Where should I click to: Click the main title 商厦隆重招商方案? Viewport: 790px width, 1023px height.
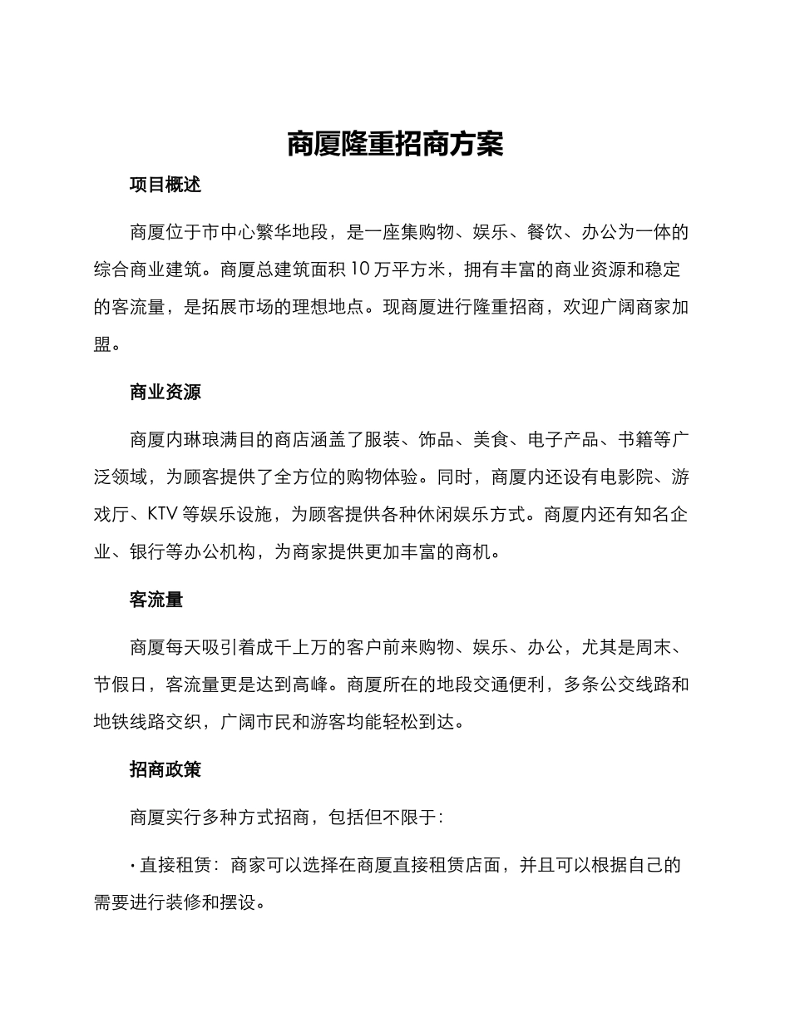tap(395, 144)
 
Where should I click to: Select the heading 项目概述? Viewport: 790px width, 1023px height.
tap(165, 185)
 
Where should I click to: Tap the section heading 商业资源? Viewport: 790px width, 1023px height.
tap(165, 393)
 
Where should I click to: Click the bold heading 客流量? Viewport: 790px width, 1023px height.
tap(156, 600)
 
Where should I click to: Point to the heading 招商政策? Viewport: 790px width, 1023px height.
tap(165, 770)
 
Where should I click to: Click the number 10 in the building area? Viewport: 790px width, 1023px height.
tap(363, 269)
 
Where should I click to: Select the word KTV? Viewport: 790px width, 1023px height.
tap(164, 514)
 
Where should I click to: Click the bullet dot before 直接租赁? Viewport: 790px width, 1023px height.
tap(133, 866)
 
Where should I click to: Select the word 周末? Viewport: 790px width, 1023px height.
tap(657, 647)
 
